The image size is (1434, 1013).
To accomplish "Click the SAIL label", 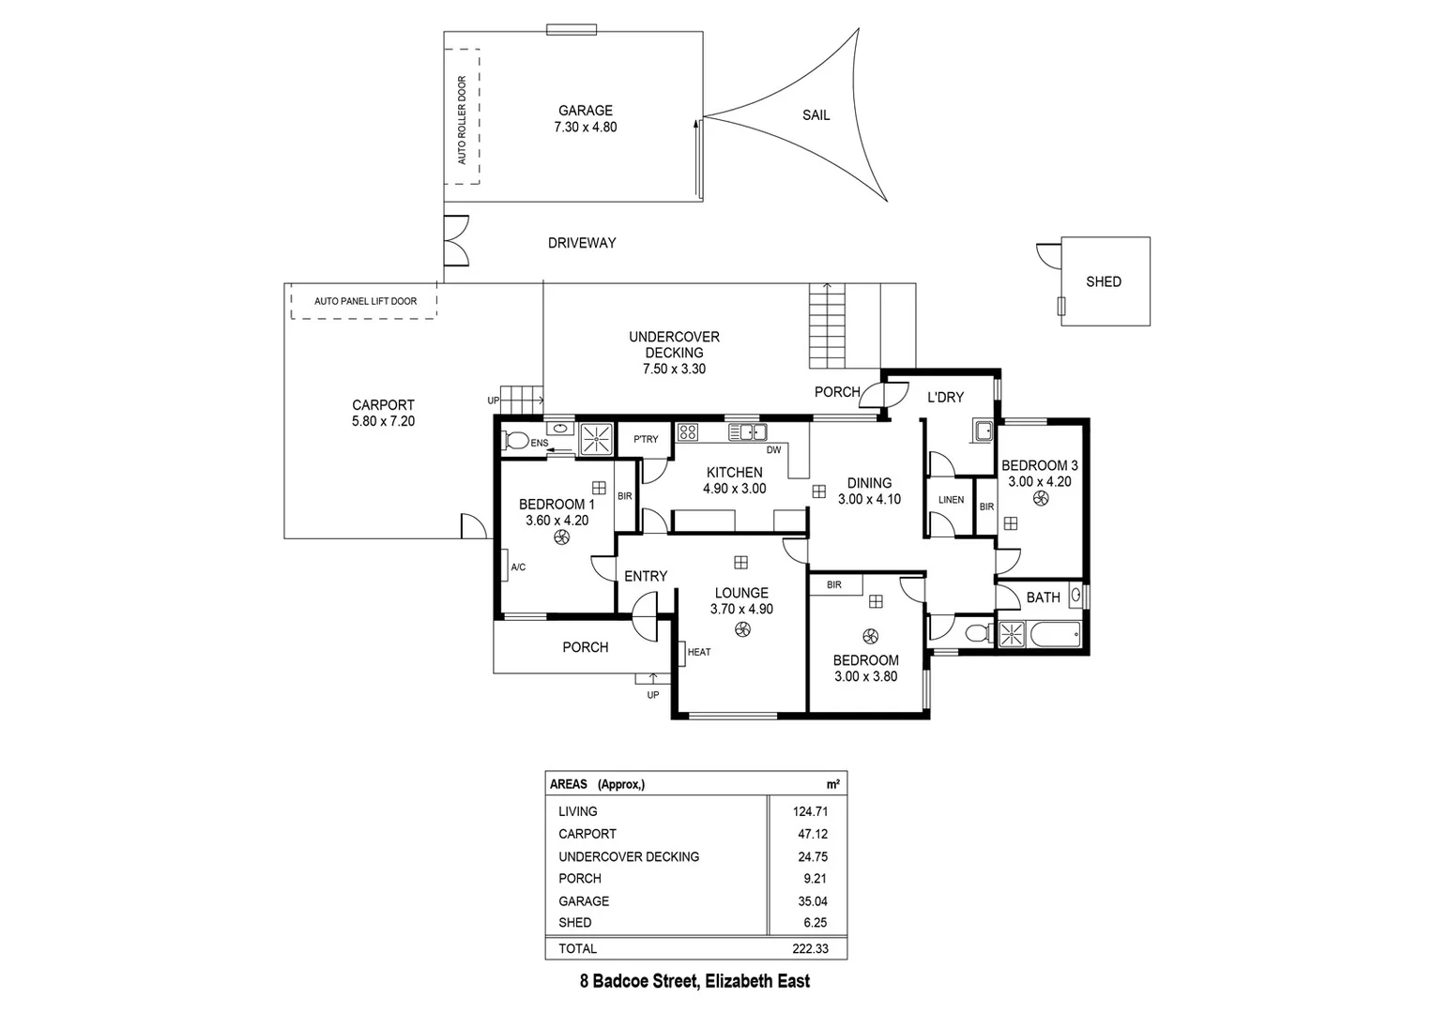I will pos(816,115).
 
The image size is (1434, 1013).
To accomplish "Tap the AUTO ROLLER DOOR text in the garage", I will pos(462,120).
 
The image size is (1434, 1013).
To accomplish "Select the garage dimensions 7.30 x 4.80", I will pos(585,128).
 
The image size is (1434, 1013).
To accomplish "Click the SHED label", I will pos(1103,281).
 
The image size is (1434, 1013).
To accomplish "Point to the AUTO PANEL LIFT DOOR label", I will pos(365,301).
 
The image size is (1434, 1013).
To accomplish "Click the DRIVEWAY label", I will pos(582,243).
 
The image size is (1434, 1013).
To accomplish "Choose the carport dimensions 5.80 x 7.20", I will pos(383,422).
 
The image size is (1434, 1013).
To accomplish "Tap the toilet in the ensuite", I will pos(515,439).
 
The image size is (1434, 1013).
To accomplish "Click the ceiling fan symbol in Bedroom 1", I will pos(561,537).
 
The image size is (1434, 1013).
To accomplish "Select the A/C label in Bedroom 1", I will pos(518,567).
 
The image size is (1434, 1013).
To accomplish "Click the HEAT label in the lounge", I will pos(699,652).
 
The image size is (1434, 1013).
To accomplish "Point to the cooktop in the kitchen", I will pos(688,432).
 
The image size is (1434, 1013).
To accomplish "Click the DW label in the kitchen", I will pos(773,450).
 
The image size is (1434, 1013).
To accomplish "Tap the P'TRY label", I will pos(646,439).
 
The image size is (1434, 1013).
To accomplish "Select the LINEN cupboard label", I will pos(951,500).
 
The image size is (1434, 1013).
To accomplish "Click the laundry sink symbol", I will pos(983,431).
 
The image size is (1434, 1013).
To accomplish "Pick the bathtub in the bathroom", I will pos(1054,635).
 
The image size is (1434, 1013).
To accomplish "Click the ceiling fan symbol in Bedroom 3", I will pos(1040,500).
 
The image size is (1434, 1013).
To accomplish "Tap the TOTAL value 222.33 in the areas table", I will pos(810,948).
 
